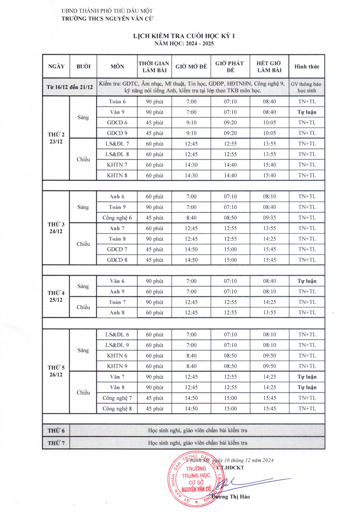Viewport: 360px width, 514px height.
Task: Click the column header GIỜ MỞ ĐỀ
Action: pyautogui.click(x=191, y=66)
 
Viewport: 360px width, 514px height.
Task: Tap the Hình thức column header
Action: pyautogui.click(x=307, y=66)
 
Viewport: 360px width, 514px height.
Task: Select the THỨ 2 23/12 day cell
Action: pyautogui.click(x=56, y=138)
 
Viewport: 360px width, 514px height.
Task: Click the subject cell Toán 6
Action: pyautogui.click(x=117, y=102)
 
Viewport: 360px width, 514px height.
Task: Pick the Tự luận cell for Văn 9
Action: pyautogui.click(x=307, y=112)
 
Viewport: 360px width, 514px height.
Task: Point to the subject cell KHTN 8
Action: pyautogui.click(x=117, y=175)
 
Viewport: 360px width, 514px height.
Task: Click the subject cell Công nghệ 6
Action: pyautogui.click(x=117, y=218)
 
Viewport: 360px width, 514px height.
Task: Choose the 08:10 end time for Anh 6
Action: pyautogui.click(x=269, y=197)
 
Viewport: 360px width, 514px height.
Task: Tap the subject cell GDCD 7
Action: pyautogui.click(x=117, y=249)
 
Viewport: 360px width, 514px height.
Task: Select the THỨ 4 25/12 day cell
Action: pyautogui.click(x=56, y=296)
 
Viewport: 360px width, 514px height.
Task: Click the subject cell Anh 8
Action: pyautogui.click(x=117, y=313)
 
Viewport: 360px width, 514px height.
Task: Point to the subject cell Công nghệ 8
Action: pyautogui.click(x=117, y=409)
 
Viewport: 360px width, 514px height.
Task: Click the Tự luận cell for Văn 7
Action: pyautogui.click(x=307, y=377)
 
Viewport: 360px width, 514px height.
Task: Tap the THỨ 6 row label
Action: pyautogui.click(x=56, y=431)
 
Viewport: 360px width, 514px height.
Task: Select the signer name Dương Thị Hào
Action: pyautogui.click(x=231, y=497)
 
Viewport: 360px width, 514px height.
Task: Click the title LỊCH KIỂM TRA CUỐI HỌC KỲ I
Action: pyautogui.click(x=184, y=36)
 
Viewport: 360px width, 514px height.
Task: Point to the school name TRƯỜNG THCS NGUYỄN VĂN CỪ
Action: pyautogui.click(x=107, y=19)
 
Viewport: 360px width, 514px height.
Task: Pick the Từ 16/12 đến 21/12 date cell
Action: pyautogui.click(x=70, y=87)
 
